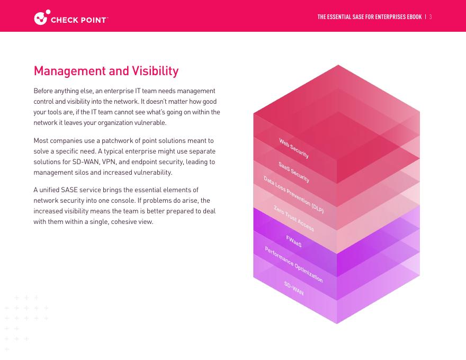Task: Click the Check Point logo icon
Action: pyautogui.click(x=42, y=17)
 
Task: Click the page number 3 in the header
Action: pyautogui.click(x=431, y=17)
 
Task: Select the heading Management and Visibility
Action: pyautogui.click(x=106, y=71)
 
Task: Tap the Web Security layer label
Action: pyautogui.click(x=294, y=148)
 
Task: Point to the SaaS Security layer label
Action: pyautogui.click(x=294, y=172)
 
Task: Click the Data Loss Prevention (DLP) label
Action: pyautogui.click(x=293, y=195)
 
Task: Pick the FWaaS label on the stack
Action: pyautogui.click(x=294, y=241)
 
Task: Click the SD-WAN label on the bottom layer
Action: pyautogui.click(x=294, y=289)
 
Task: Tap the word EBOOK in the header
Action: pyautogui.click(x=411, y=17)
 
